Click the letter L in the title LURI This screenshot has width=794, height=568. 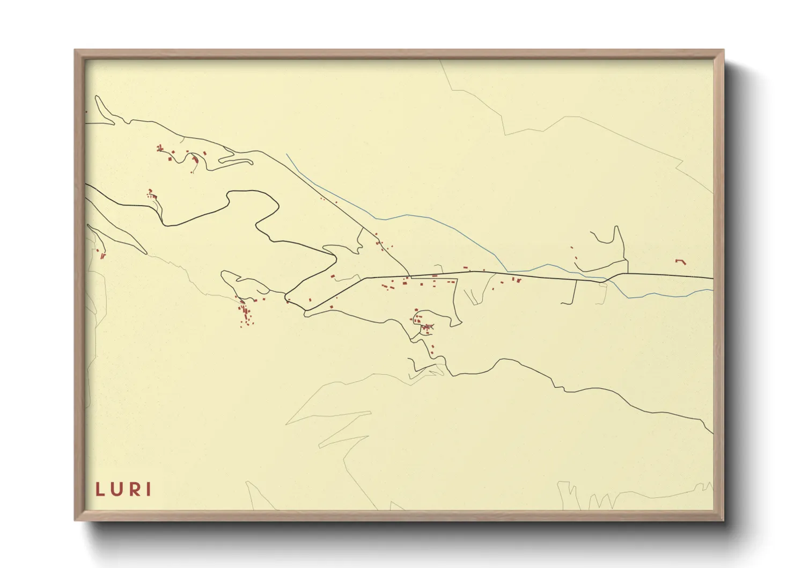[x=100, y=489]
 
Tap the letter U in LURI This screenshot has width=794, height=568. [x=116, y=489]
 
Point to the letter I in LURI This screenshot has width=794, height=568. [x=149, y=489]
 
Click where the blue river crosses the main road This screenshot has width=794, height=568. [x=605, y=279]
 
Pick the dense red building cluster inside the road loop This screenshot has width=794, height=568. [x=425, y=326]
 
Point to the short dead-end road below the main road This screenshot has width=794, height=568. [x=574, y=293]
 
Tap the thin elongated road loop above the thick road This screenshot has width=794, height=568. [x=236, y=160]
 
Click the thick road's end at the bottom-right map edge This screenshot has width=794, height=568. [x=712, y=432]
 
